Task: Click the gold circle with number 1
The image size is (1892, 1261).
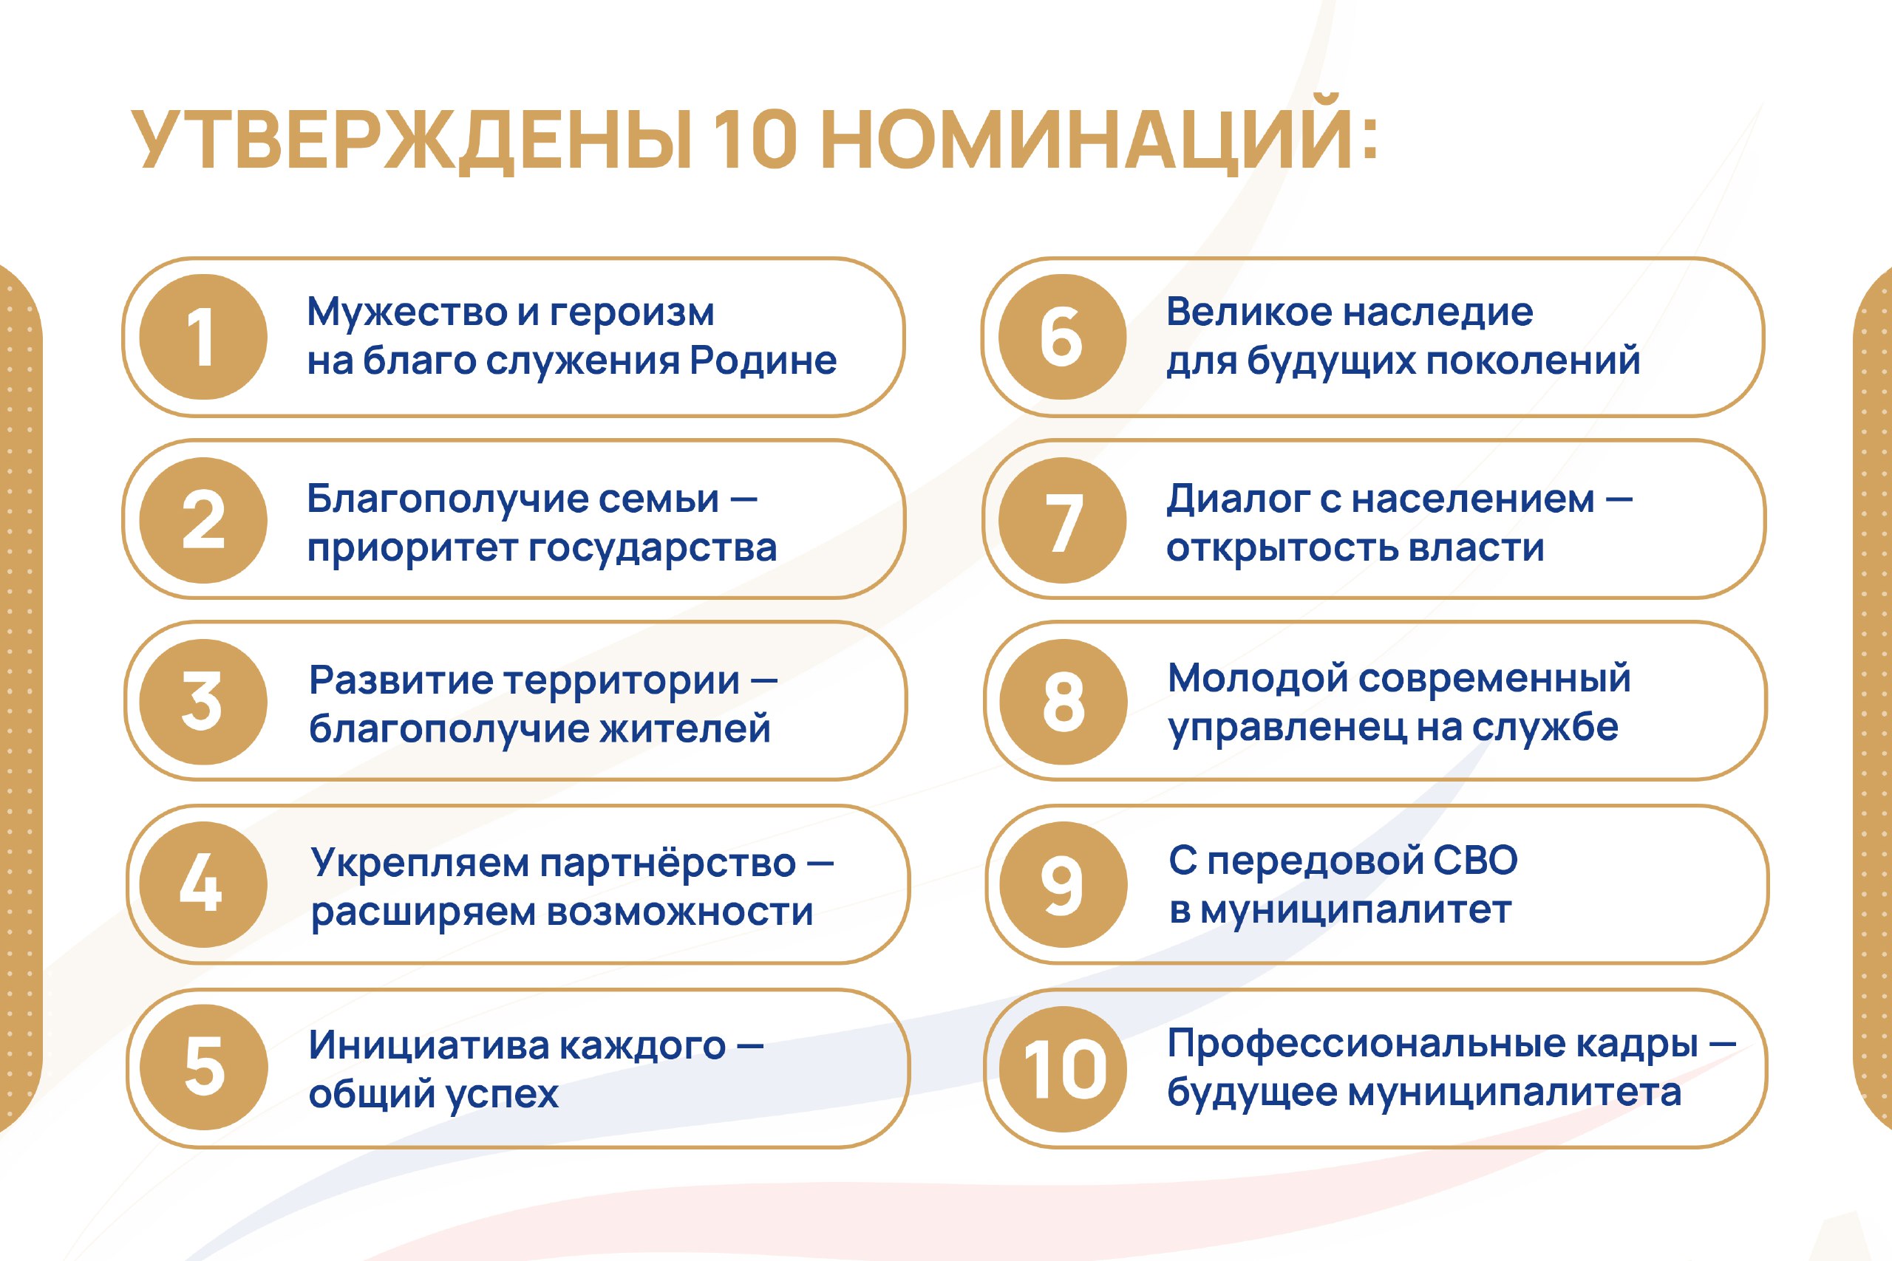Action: (203, 337)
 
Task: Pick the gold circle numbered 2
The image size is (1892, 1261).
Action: (203, 520)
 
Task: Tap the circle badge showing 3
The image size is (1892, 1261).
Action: (203, 702)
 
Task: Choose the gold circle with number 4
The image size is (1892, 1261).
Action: (203, 885)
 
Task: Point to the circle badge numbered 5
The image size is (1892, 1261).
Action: (203, 1067)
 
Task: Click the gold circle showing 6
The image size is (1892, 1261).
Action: (1062, 337)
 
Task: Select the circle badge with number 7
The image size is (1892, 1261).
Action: (1062, 520)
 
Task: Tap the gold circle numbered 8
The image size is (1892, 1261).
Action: (1063, 702)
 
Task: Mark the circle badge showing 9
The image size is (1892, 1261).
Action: (1063, 885)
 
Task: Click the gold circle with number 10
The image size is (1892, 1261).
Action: (1063, 1069)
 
